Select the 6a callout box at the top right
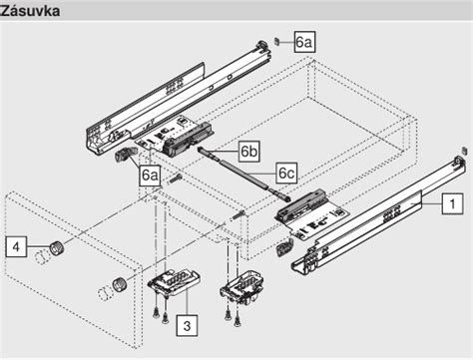304,42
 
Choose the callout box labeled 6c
286,173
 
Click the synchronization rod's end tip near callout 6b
204,149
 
